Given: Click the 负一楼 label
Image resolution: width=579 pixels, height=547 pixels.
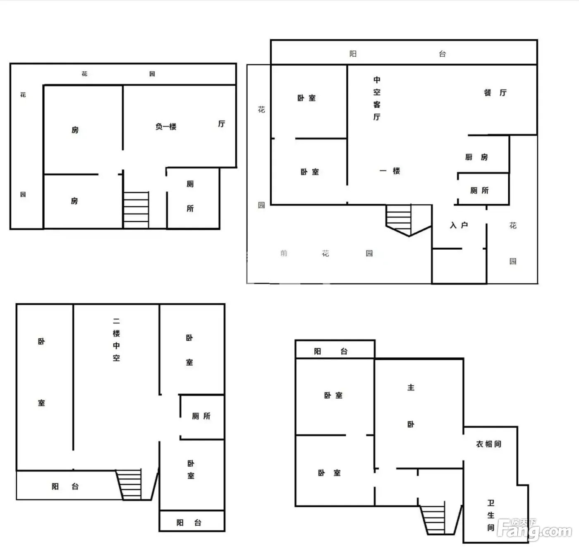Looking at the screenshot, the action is coord(166,126).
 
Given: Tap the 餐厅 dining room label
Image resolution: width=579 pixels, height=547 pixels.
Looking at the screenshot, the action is coord(495,93).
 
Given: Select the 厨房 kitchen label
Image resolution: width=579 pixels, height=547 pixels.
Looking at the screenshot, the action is coord(476,157).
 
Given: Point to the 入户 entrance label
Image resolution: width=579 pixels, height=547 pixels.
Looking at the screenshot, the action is coord(459,225).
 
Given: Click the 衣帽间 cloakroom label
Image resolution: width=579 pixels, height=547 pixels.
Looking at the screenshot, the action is coord(488,444).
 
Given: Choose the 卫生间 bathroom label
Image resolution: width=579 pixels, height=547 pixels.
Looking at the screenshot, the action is coord(490,515).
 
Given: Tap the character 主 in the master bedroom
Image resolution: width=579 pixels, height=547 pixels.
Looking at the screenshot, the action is coord(411,388).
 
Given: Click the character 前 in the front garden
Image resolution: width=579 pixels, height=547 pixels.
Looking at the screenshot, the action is coord(284,253).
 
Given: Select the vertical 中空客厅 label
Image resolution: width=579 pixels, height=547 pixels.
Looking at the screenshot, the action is coord(377,99).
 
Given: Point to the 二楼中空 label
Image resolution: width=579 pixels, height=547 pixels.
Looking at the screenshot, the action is coord(116,340).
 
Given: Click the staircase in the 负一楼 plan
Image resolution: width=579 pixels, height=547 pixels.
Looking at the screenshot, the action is coord(136,210).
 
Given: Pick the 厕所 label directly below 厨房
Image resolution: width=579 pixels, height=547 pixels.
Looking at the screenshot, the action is coord(479,190).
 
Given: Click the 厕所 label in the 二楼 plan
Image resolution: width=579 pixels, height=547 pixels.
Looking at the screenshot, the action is coord(201,416).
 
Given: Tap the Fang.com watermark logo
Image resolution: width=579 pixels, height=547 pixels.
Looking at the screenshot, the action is coord(534,529).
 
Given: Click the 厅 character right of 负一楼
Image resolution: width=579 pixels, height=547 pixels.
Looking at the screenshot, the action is coord(222,124).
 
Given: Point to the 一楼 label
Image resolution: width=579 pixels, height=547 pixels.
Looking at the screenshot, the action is coord(390,171).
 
